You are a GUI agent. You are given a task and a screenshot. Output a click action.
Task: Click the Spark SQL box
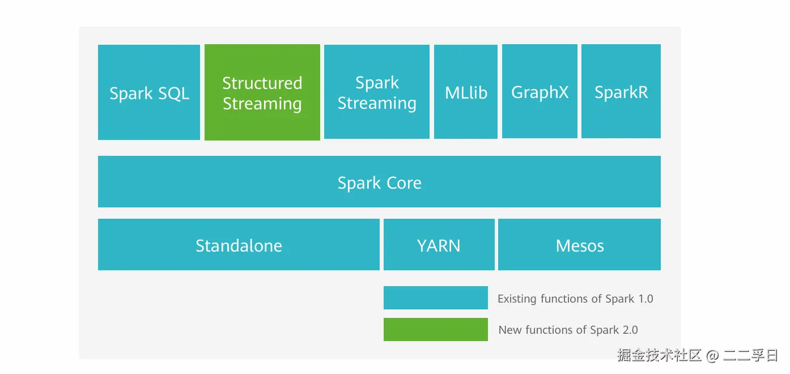tap(149, 92)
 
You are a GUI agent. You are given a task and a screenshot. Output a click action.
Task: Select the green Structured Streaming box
tap(262, 92)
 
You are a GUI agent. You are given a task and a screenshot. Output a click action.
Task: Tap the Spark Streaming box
tap(377, 92)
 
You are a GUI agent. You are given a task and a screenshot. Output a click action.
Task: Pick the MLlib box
tap(466, 92)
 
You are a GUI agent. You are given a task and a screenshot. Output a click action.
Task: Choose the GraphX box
tap(540, 92)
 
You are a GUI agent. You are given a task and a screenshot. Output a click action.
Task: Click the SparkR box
tap(621, 92)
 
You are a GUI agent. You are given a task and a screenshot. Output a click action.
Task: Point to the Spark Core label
tap(379, 182)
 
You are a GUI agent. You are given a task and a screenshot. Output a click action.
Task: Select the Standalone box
tap(239, 245)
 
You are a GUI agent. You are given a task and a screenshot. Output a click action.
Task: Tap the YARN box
tap(439, 245)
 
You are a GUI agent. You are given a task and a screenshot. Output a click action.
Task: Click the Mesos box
tap(579, 245)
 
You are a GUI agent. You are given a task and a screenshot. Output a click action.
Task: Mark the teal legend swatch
tap(435, 298)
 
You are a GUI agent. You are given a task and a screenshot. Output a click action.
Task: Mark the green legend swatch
tap(435, 329)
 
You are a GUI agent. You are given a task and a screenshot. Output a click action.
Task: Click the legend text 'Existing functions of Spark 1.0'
tap(575, 299)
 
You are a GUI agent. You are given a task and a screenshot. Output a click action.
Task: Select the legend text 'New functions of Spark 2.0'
tap(568, 330)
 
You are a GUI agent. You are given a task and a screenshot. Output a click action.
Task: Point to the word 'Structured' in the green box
tap(262, 83)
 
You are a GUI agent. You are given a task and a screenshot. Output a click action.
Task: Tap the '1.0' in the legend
tap(645, 299)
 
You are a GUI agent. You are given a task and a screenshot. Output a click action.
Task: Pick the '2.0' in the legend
tap(630, 330)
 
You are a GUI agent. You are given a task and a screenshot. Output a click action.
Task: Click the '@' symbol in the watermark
tap(712, 356)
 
